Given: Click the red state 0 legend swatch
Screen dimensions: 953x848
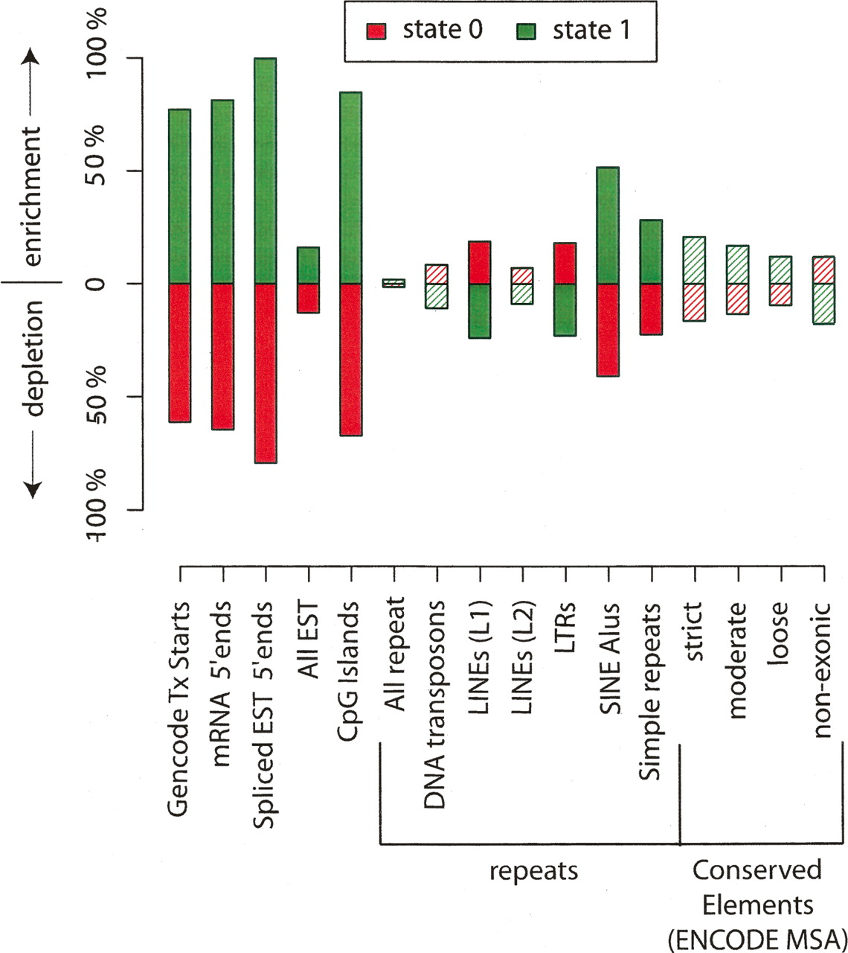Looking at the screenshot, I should pos(377,32).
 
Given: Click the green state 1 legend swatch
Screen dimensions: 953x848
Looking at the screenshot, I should pos(527,32).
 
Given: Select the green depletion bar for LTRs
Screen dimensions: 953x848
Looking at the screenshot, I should pos(565,310).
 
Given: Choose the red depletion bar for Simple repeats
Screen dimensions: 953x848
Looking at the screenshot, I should pos(651,309).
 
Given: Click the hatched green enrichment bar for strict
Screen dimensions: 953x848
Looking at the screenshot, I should pos(694,260).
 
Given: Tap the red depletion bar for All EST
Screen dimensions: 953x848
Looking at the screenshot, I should pos(308,298).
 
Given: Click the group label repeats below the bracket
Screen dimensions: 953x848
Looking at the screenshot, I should pos(533,870).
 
